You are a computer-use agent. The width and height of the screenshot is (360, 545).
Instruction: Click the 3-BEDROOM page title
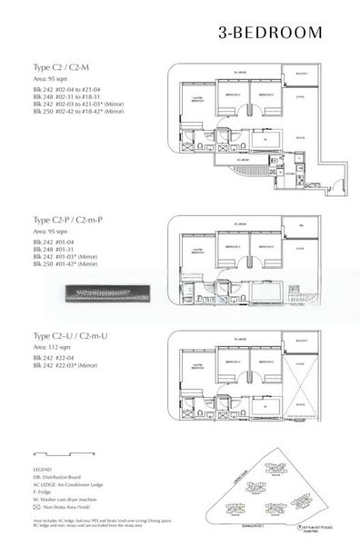click(270, 33)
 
